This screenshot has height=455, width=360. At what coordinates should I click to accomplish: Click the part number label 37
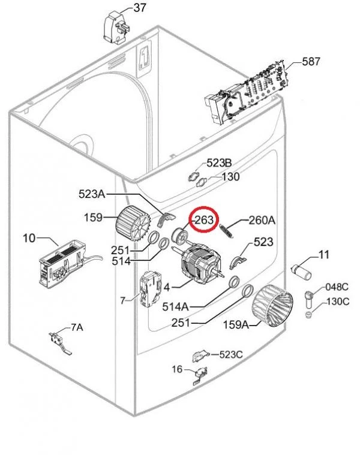point(139,8)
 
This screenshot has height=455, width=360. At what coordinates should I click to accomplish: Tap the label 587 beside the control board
point(311,62)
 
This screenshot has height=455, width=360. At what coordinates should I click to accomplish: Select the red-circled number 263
point(203,221)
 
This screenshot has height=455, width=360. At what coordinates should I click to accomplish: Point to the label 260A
point(262,221)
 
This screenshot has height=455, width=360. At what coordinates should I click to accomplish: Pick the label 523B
point(219,163)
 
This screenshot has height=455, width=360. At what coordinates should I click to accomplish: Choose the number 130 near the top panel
point(230,177)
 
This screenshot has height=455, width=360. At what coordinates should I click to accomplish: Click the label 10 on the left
point(29,239)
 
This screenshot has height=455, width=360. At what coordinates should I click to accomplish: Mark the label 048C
point(337,287)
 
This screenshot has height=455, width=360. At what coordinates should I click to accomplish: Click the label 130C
point(337,301)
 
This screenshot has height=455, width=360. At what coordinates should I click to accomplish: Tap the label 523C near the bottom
point(230,354)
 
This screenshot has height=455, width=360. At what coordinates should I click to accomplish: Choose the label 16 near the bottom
point(177,369)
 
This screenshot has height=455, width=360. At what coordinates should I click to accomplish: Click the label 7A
point(77,327)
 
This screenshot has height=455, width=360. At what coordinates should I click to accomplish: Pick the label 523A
point(92,194)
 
